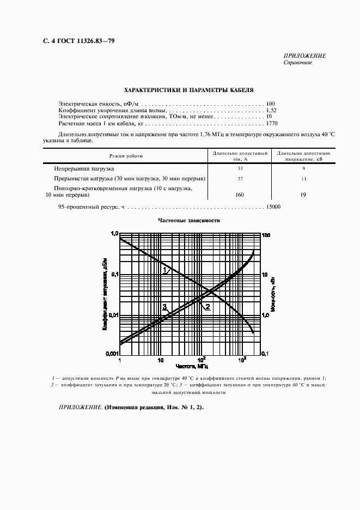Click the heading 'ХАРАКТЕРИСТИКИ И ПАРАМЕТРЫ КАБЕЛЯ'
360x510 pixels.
pyautogui.click(x=188, y=90)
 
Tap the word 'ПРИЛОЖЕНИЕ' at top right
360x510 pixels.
pyautogui.click(x=305, y=56)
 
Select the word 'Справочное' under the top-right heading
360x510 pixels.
pyautogui.click(x=298, y=63)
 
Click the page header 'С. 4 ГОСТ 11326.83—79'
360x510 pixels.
pyautogui.click(x=75, y=41)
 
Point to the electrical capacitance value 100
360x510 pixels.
pyautogui.click(x=271, y=103)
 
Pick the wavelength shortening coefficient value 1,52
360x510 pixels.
pyautogui.click(x=271, y=110)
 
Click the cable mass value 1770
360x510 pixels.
pyautogui.click(x=271, y=124)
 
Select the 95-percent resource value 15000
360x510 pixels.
pyautogui.click(x=273, y=207)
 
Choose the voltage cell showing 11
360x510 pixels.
pyautogui.click(x=303, y=179)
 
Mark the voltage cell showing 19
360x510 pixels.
pyautogui.click(x=303, y=195)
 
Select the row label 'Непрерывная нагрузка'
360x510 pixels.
pyautogui.click(x=83, y=169)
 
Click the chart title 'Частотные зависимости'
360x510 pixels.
pyautogui.click(x=188, y=221)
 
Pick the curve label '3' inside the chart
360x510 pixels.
pyautogui.click(x=164, y=307)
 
